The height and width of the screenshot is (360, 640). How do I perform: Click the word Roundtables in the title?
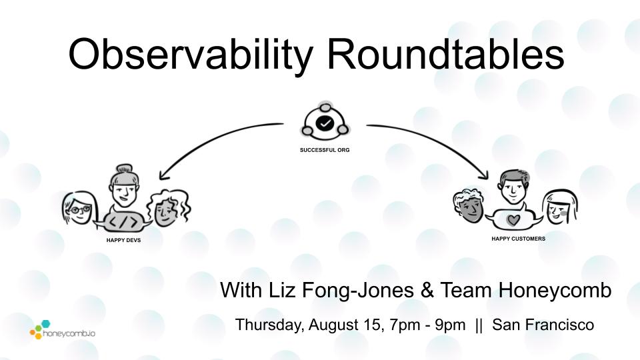point(446,54)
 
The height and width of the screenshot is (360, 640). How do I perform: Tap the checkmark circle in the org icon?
point(325,123)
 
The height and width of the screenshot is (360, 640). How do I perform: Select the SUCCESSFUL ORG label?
point(325,150)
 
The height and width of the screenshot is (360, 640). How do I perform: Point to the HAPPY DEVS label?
point(123,240)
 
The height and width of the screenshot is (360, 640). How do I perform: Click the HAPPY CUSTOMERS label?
point(518,239)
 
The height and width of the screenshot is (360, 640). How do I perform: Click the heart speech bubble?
point(513,219)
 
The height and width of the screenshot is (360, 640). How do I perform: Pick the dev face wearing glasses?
point(79,208)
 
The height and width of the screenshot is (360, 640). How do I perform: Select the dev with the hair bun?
point(124,187)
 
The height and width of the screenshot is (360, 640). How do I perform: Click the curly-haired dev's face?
point(167,207)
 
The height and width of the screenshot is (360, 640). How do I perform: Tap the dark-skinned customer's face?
point(470,206)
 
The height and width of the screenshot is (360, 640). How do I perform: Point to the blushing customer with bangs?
point(560,207)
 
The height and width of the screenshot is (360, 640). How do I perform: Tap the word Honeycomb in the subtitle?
point(555,291)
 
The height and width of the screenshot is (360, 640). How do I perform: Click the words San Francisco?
point(543,325)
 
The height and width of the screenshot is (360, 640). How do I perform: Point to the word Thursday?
point(269,325)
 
